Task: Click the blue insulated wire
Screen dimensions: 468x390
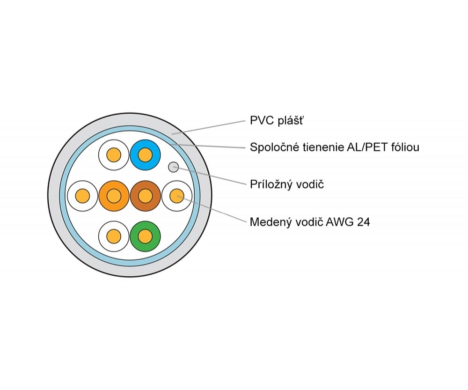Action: point(146,155)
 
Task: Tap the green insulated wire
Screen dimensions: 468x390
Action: point(146,236)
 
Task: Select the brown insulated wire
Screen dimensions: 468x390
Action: point(146,196)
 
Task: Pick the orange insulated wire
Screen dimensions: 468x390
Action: point(114,196)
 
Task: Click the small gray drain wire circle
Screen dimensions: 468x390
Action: point(174,167)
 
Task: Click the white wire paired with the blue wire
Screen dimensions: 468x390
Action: point(114,155)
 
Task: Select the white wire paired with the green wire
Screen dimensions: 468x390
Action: point(114,236)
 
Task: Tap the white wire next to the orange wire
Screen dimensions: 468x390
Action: point(83,196)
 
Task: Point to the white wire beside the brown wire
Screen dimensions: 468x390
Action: point(177,196)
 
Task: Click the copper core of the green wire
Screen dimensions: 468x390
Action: point(146,236)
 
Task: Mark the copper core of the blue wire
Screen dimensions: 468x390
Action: point(146,155)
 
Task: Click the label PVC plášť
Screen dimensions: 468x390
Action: point(277,121)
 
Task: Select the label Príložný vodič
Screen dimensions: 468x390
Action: point(287,184)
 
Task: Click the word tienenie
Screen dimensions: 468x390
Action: point(322,147)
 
